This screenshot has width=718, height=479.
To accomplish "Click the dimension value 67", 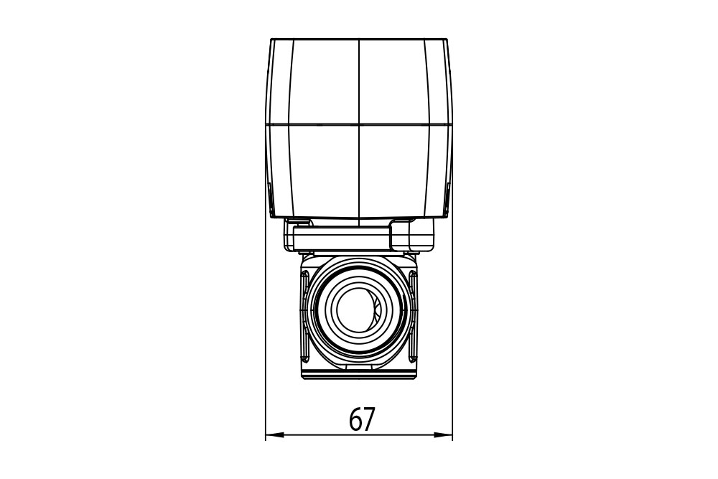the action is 362,419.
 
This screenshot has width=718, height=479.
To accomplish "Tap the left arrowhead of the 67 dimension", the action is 275,434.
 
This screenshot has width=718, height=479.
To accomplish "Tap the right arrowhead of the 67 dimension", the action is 443,434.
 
